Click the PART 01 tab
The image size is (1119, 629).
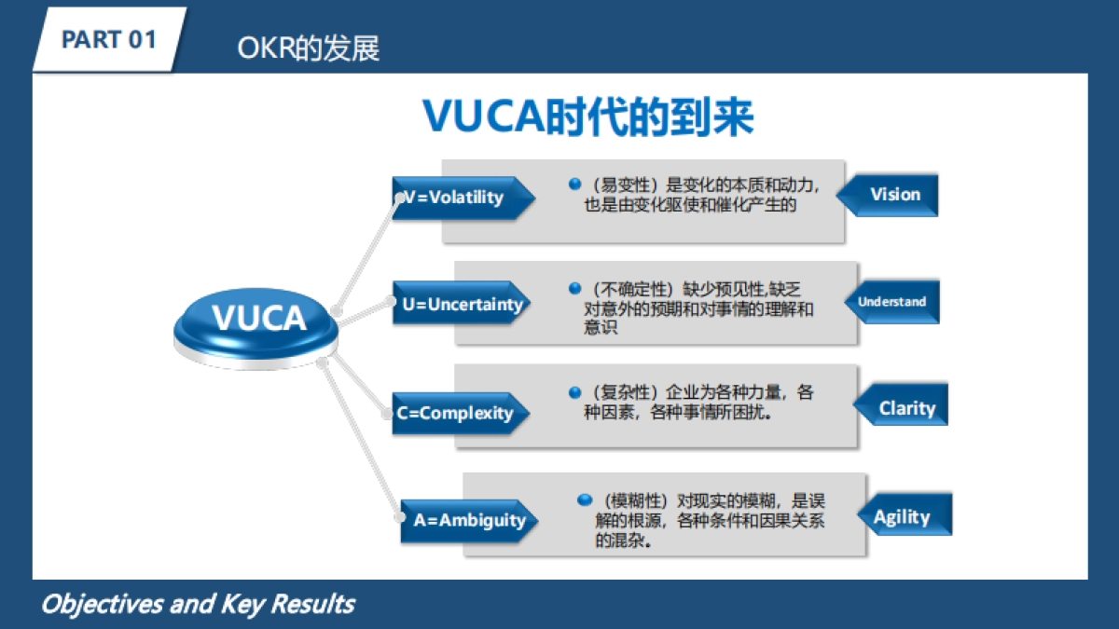[108, 40]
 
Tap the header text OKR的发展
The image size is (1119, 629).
[309, 48]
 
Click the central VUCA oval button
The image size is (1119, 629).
[258, 320]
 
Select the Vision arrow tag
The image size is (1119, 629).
[891, 195]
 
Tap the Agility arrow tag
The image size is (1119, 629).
[905, 517]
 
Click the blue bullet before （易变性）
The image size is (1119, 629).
[575, 185]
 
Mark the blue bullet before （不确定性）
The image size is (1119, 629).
[575, 290]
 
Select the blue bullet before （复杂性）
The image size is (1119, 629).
[575, 391]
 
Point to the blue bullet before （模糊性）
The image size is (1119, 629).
[585, 499]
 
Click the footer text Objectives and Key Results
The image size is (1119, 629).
[198, 604]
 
